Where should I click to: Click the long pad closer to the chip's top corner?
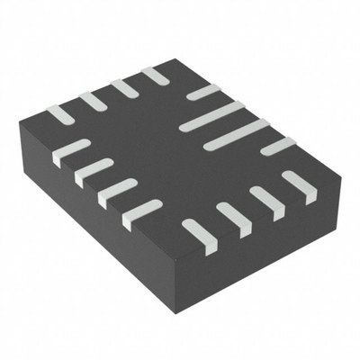[x=212, y=116]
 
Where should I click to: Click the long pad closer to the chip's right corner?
[x=236, y=134]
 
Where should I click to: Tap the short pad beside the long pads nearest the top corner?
[x=203, y=92]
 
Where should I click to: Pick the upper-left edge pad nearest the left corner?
[x=59, y=115]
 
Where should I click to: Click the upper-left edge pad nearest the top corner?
[x=155, y=76]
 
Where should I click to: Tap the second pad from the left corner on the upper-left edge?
[x=93, y=101]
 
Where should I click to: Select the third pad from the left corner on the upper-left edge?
[x=124, y=88]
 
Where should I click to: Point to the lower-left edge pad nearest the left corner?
[x=72, y=152]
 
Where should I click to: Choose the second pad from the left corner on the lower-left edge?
[x=94, y=172]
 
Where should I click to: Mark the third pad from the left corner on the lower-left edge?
[x=117, y=193]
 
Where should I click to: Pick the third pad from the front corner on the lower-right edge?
[x=267, y=202]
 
